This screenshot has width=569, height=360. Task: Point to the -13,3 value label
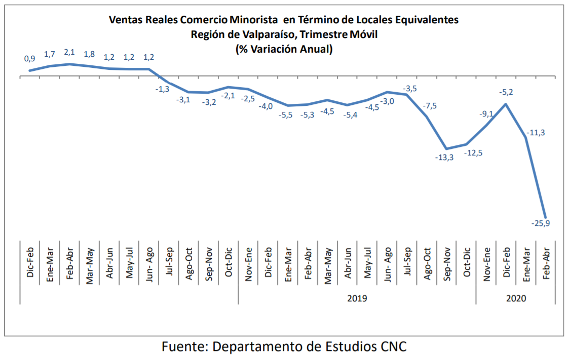coord(444,157)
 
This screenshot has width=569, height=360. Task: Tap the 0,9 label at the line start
coord(30,59)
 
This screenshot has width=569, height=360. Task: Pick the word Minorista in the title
coord(253,20)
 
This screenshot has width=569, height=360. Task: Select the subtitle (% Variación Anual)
coord(284,49)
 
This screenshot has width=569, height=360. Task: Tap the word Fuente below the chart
coord(183,347)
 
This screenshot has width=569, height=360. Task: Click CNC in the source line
coord(393,347)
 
